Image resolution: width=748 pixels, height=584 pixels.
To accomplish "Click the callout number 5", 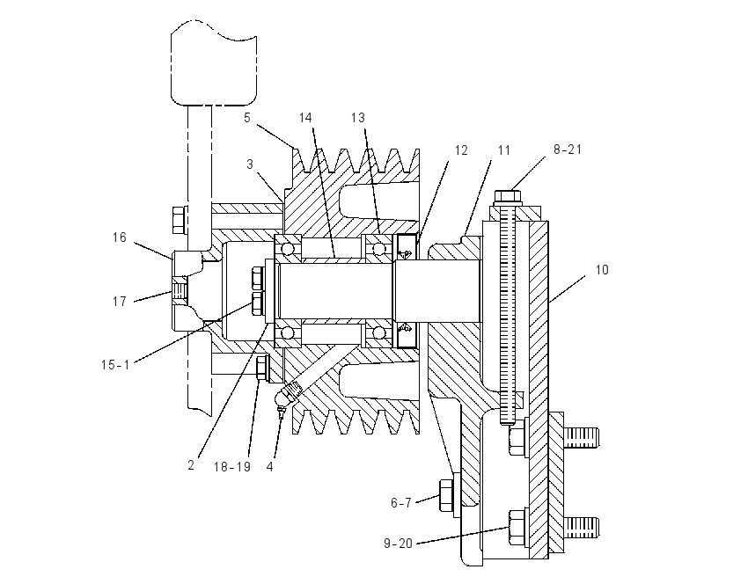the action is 246,118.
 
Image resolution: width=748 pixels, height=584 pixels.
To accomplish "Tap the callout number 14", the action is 305,118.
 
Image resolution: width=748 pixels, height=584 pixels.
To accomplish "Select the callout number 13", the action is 358,118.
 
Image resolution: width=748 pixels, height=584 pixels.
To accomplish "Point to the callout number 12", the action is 461,150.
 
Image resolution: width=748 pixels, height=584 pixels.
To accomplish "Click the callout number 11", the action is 503,150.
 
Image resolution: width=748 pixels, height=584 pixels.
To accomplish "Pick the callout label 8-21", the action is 568,150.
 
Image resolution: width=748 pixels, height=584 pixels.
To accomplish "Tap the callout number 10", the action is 602,270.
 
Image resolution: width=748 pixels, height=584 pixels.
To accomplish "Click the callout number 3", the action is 250,164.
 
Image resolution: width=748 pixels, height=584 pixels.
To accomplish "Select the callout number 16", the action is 120,237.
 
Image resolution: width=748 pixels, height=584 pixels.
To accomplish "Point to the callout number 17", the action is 120,302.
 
